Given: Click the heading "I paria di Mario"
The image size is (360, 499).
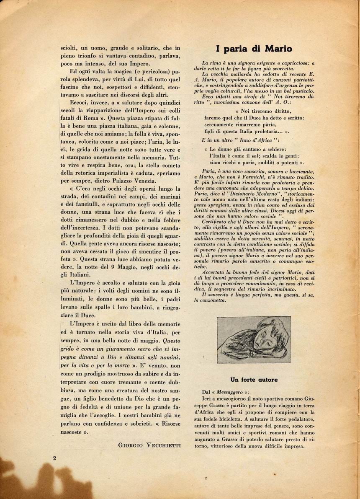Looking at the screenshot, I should click(254, 49).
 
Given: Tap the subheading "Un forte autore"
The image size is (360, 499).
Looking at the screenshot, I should click(254, 380).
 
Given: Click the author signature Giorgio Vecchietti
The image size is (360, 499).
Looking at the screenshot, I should click(149, 445).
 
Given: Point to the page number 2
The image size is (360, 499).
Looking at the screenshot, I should click(55, 458).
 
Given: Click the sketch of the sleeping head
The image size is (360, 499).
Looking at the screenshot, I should click(254, 340).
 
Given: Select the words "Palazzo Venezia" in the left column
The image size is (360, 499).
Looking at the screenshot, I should click(124, 181).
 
